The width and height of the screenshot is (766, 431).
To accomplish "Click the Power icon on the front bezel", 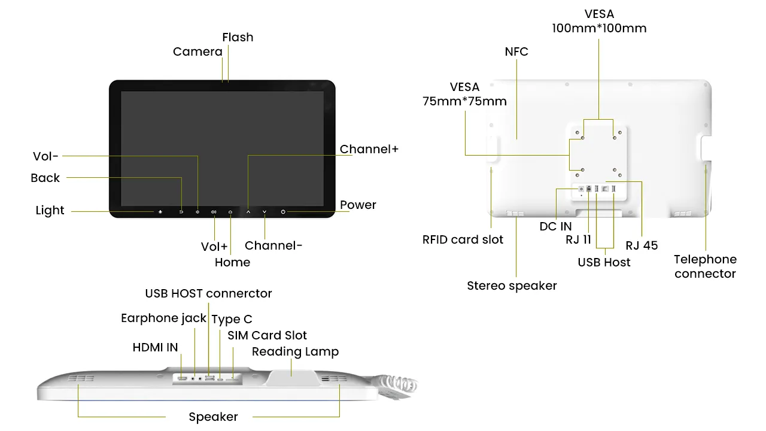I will point(283,212).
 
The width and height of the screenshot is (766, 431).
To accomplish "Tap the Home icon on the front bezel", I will point(230,212).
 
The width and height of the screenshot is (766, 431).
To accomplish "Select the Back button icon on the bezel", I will point(181,212).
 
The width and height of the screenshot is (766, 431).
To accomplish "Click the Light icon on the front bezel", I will point(160,212).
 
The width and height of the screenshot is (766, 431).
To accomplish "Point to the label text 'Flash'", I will point(238,37).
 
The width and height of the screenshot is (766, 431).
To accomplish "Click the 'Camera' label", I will point(197,51).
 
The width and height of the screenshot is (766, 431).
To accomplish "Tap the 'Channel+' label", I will point(369,149).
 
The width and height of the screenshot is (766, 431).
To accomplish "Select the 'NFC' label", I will point(516,51).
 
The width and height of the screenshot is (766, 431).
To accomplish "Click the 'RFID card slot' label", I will point(463,239).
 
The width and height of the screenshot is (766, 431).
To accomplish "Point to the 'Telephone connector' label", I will point(705,266).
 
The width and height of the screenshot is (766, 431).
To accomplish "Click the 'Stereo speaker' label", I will point(512,286).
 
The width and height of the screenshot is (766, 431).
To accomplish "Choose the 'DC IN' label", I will point(555,226).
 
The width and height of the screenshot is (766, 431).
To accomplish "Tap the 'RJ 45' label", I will point(642,245).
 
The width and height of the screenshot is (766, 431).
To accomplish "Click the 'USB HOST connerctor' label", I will point(208,293).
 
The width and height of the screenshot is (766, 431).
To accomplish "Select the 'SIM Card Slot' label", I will point(267,335).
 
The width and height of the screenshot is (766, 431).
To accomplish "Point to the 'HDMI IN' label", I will point(155,347).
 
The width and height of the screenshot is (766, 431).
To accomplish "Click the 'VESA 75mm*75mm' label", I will point(464,94).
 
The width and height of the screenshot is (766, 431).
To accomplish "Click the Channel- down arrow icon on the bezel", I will point(265,212).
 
